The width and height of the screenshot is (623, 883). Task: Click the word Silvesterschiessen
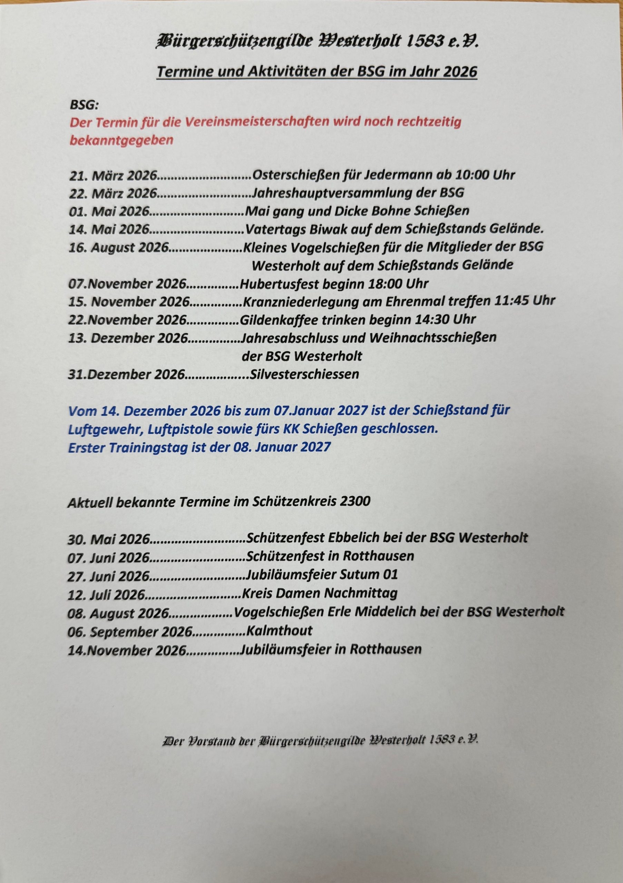click(304, 374)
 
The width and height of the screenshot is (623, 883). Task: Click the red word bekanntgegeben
click(121, 140)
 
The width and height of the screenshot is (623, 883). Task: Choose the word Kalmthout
click(279, 631)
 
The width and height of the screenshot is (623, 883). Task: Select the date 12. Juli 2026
click(106, 595)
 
